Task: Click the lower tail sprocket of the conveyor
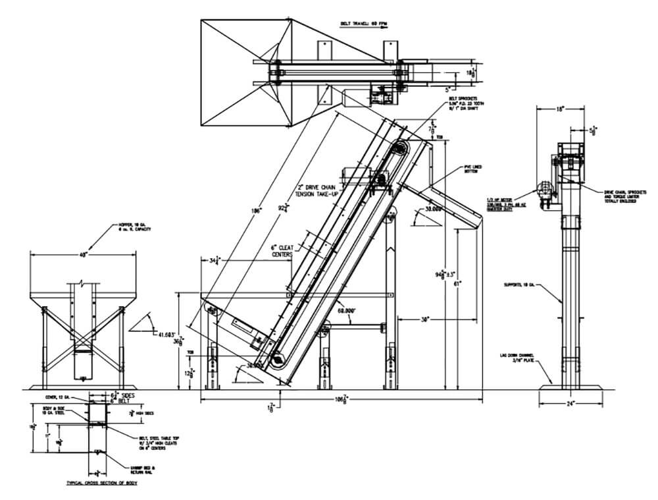[x=279, y=360]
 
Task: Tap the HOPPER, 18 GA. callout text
[x=114, y=227]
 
